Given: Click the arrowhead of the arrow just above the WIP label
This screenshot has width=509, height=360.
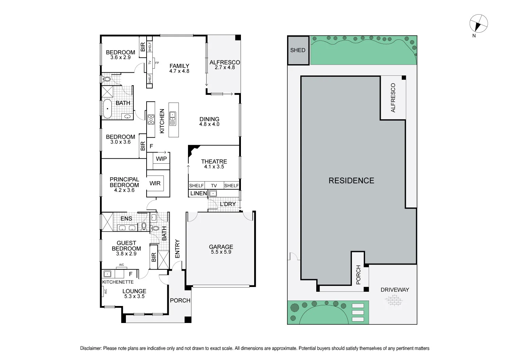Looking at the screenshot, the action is pos(166,152).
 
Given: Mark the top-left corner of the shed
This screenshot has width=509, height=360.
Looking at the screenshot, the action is pos(288,36).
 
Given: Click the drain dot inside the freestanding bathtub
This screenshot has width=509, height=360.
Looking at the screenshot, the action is pos(108,109).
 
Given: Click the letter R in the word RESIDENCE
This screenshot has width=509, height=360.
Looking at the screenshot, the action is pos(331,181).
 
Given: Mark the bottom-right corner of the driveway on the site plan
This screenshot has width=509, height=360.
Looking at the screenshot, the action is pos(417,324).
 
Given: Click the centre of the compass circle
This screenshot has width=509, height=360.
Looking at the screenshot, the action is pos(478,23).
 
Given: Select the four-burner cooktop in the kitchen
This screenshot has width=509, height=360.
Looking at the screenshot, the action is pos(151,120).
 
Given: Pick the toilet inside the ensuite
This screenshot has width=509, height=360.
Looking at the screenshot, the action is pos(144,226).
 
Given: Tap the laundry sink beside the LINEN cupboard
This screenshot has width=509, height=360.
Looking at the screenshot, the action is pos(213,194).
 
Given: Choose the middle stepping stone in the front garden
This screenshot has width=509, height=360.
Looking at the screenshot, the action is pos(358,312).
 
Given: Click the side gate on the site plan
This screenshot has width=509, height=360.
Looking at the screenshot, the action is pos(294,256).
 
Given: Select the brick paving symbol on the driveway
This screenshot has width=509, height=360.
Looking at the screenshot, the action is pos(394,300).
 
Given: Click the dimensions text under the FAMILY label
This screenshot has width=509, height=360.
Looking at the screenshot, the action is pos(179,71).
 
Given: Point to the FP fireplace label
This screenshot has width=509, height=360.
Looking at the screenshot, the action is pos(157,63).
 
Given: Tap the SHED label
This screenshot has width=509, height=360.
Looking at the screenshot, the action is pos(298,50).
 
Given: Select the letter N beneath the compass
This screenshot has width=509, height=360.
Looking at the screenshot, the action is pos(474,36).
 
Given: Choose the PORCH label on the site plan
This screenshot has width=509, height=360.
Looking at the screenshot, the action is pos(358,275).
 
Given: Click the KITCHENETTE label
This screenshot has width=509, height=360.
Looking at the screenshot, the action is pos(118,282).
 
